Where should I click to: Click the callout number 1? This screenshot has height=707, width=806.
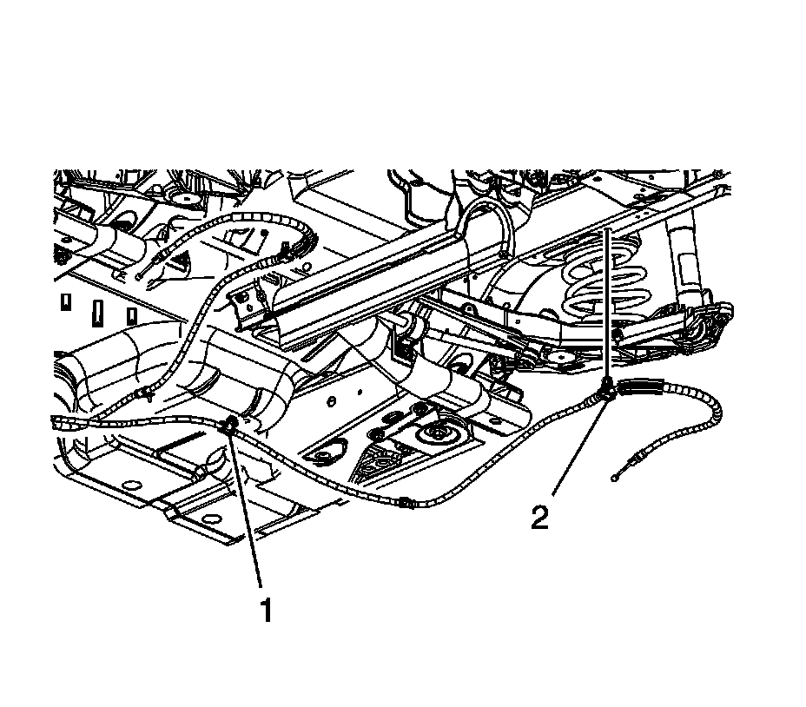(x=267, y=611)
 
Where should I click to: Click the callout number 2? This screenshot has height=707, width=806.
(x=539, y=519)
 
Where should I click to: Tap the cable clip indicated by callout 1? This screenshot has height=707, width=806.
(x=232, y=425)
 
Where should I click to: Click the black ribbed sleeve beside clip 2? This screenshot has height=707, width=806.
(x=644, y=388)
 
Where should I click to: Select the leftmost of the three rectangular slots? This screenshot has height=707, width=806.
(x=64, y=303)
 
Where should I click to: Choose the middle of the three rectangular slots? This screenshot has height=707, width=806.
(x=98, y=307)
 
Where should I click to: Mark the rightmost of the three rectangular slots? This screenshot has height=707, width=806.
(x=131, y=313)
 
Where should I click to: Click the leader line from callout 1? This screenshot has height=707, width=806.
(x=248, y=512)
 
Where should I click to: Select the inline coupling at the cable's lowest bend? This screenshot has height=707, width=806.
(x=404, y=501)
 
